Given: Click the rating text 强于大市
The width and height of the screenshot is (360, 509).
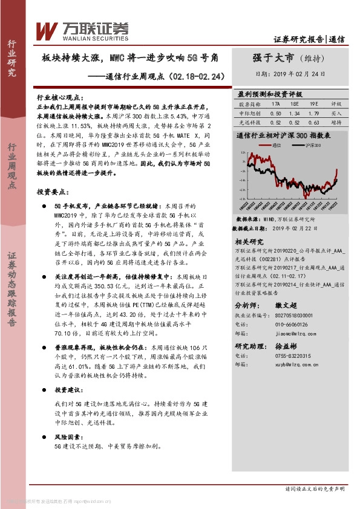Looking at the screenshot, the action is (273, 58).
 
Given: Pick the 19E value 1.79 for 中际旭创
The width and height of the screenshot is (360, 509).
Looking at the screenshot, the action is (313, 113).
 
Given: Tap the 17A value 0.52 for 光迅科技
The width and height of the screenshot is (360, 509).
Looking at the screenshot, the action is (276, 122).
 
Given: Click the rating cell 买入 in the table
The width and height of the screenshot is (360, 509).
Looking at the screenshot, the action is (337, 113).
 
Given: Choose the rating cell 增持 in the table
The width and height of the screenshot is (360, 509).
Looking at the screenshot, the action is (337, 122).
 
